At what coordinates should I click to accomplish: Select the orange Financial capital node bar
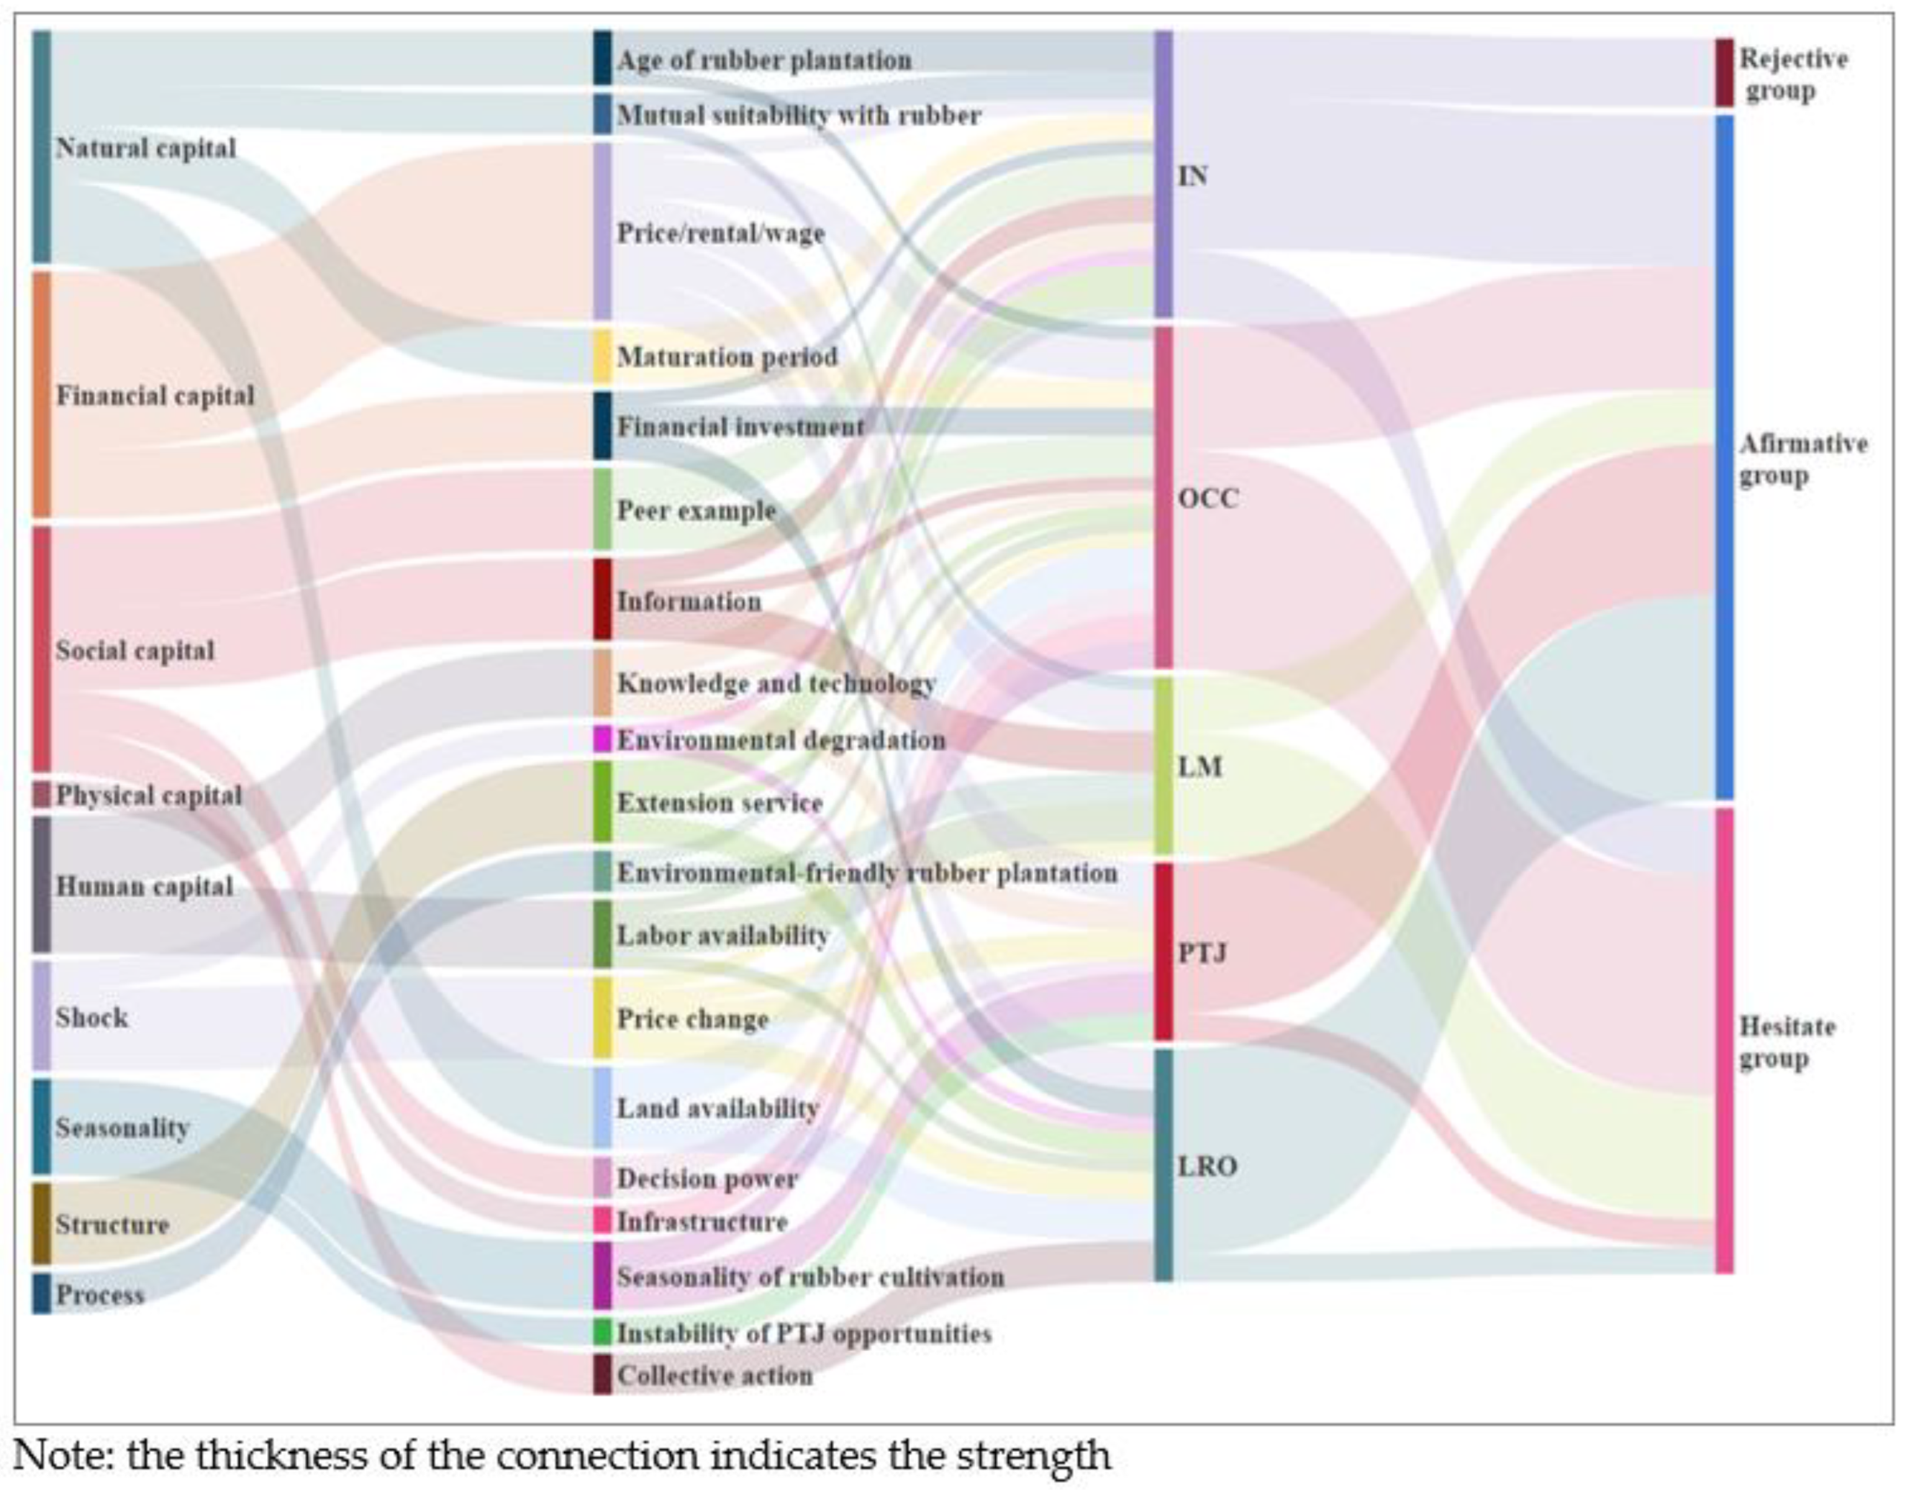[41, 394]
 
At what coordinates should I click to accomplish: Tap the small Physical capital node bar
[41, 793]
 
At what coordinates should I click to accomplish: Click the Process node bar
[41, 1293]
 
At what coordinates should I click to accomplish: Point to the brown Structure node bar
[41, 1223]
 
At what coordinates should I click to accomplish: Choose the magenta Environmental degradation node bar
[602, 739]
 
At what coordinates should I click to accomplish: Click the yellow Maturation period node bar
[602, 355]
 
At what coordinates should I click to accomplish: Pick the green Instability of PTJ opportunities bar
[602, 1332]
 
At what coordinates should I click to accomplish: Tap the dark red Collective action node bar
[602, 1374]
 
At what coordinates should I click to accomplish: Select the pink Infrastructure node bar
[602, 1219]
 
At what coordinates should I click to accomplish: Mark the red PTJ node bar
[1163, 952]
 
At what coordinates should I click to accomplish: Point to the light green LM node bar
[1163, 765]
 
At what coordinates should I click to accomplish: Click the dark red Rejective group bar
[1724, 72]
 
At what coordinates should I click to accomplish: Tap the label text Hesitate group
[1786, 1042]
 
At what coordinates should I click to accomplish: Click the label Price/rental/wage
[720, 233]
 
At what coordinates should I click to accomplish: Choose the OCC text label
[1209, 499]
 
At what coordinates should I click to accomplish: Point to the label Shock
[91, 1017]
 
